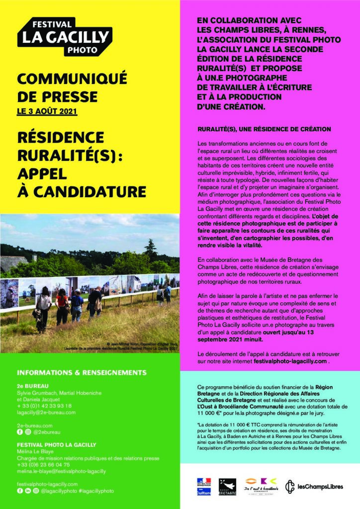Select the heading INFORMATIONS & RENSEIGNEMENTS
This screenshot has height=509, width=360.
point(82,372)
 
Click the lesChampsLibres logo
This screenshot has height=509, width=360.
point(314,486)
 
